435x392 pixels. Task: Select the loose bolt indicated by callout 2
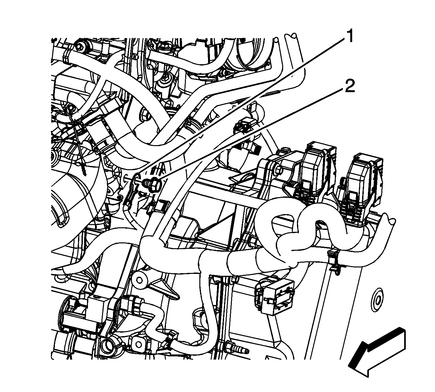(x=152, y=184)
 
